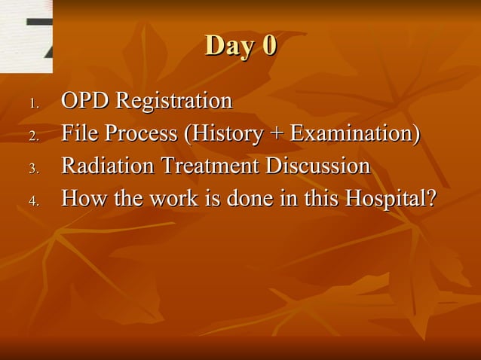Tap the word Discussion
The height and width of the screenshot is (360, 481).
[x=320, y=166]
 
